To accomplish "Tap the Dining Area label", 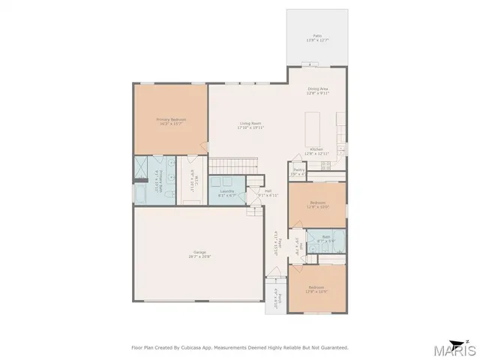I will [x=318, y=91].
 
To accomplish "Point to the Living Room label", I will [x=250, y=125].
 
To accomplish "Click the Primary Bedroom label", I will [x=171, y=121].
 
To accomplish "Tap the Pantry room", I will [x=298, y=172].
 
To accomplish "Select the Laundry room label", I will [x=226, y=193].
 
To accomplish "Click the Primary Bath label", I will [x=160, y=181].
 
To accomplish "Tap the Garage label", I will [x=199, y=253].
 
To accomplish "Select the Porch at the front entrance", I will [x=275, y=298].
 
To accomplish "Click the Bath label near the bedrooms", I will [x=325, y=238].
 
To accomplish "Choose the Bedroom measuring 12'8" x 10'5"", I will [x=318, y=289].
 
